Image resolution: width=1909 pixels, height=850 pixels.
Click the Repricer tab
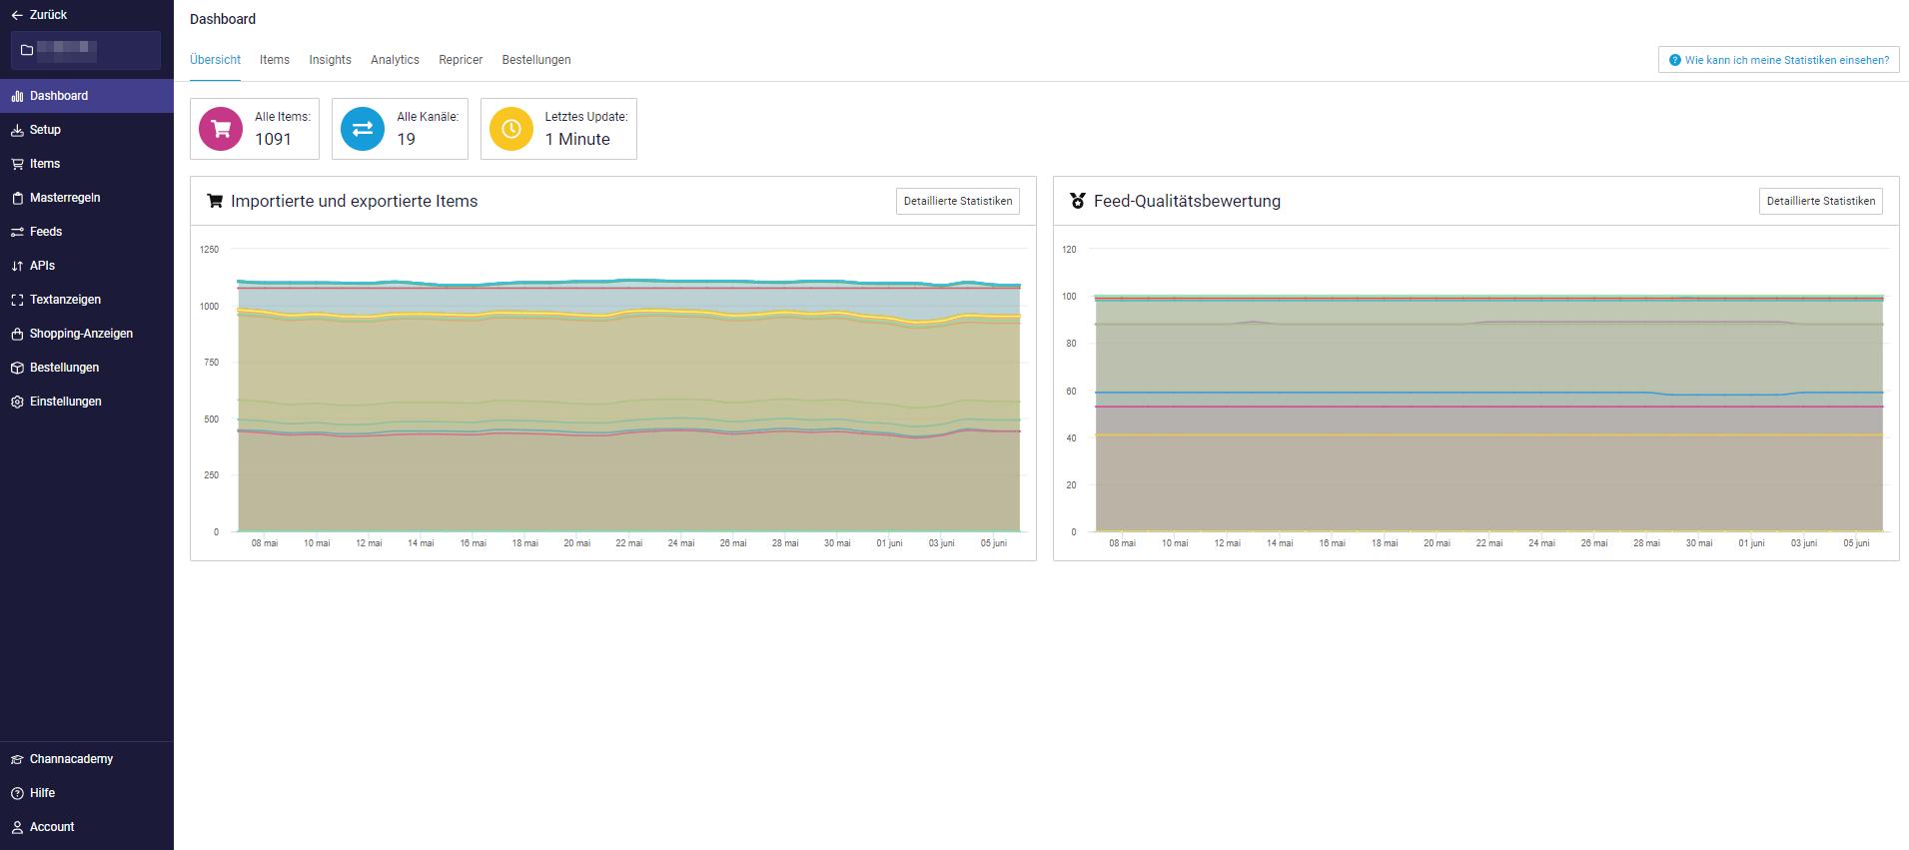(x=461, y=60)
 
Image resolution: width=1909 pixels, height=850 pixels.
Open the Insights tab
(x=330, y=60)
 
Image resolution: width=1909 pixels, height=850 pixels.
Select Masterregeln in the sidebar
(x=65, y=198)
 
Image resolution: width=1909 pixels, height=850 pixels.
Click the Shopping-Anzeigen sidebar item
(x=81, y=334)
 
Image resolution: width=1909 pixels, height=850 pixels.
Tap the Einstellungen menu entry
(x=65, y=402)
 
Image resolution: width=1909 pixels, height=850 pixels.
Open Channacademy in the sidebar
(x=71, y=759)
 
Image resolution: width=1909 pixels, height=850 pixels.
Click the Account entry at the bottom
(x=52, y=827)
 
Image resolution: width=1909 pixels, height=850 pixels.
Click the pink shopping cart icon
(x=221, y=129)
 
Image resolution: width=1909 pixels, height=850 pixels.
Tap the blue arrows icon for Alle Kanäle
(x=363, y=129)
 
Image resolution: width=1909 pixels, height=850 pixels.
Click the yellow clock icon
(x=510, y=129)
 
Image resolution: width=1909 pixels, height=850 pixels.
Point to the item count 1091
(x=273, y=140)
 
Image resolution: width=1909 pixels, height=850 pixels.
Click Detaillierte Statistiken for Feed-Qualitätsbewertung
(x=1820, y=201)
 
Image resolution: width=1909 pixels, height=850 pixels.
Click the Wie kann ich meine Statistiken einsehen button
(x=1778, y=60)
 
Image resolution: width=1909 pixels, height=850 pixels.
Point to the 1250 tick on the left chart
(x=209, y=249)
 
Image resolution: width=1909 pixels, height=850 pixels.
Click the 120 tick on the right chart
(x=1069, y=249)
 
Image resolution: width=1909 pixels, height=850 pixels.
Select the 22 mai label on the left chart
(x=628, y=543)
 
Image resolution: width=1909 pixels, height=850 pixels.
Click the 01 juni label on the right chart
(x=1751, y=543)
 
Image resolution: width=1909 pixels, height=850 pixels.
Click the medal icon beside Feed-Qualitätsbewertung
(x=1077, y=201)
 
